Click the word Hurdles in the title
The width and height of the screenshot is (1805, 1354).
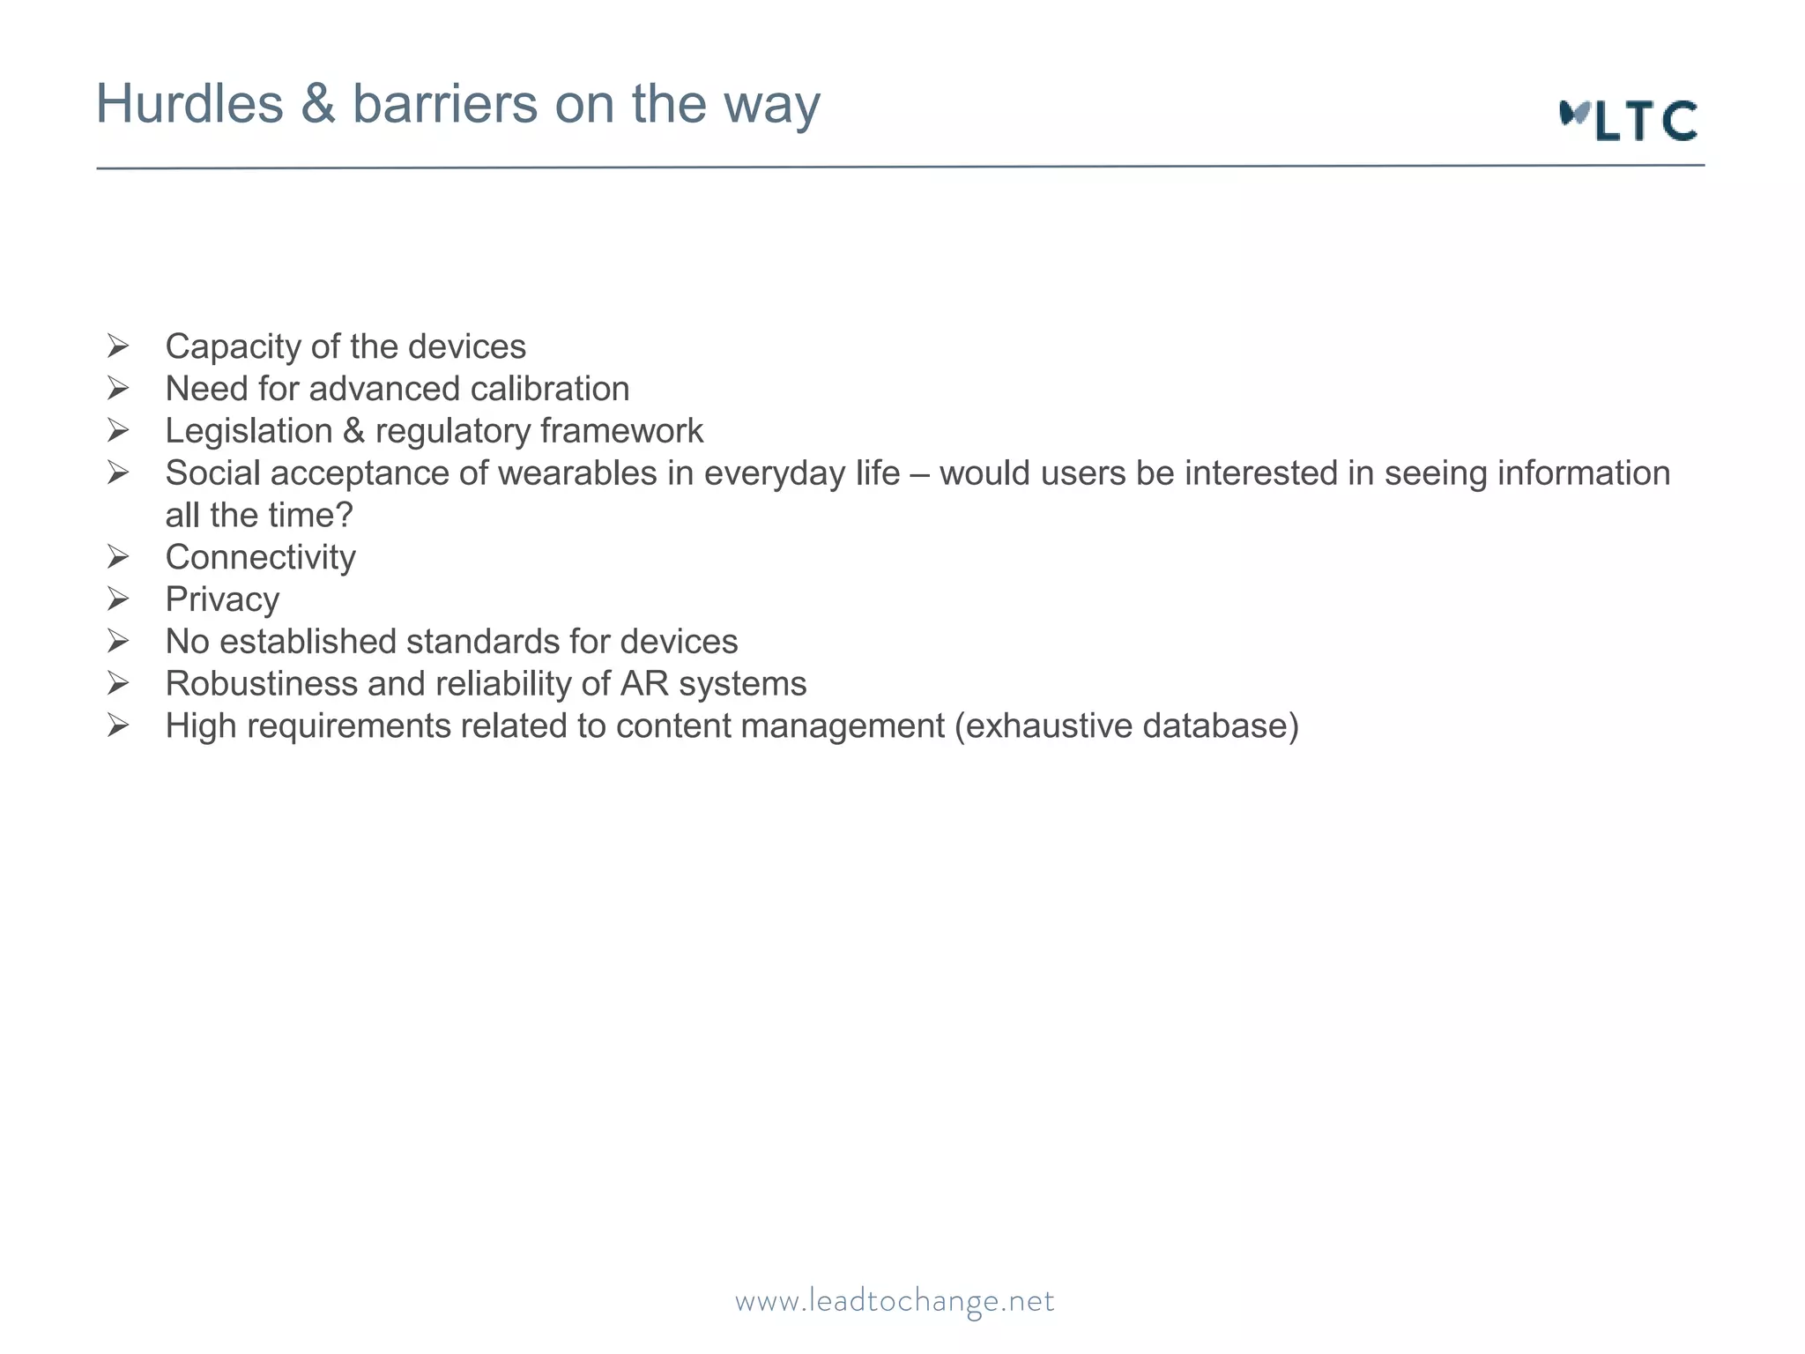(189, 104)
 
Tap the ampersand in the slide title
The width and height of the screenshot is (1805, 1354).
(317, 104)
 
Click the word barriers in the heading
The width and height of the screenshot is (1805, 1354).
(445, 104)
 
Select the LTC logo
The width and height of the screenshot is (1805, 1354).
(1628, 121)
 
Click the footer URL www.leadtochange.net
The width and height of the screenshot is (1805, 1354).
(895, 1301)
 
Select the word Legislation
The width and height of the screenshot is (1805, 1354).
(249, 431)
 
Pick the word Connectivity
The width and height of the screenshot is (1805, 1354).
(260, 557)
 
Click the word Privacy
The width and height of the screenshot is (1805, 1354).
(222, 599)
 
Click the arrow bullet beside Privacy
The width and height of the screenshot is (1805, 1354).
(118, 599)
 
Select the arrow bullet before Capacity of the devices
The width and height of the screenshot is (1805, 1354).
(118, 346)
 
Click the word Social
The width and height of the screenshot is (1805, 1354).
(212, 473)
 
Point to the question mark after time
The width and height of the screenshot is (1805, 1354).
(345, 516)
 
